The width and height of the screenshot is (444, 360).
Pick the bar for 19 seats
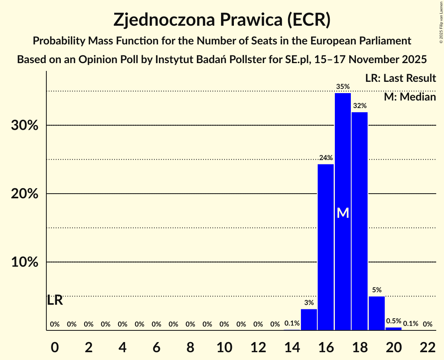coord(377,313)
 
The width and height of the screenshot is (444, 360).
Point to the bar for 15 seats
coord(309,319)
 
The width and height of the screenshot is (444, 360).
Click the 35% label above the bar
coord(343,86)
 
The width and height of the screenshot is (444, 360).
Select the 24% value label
coord(326,158)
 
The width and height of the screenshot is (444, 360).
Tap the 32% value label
coord(360,106)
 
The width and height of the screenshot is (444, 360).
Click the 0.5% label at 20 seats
coord(394,321)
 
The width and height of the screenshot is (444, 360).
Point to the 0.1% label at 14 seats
coord(292,323)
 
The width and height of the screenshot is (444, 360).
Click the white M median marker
coord(343,213)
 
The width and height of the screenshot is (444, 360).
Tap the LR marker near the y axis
coord(55,300)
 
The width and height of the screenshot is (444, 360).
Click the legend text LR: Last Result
coord(400,78)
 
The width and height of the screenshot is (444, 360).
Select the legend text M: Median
coord(410,97)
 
